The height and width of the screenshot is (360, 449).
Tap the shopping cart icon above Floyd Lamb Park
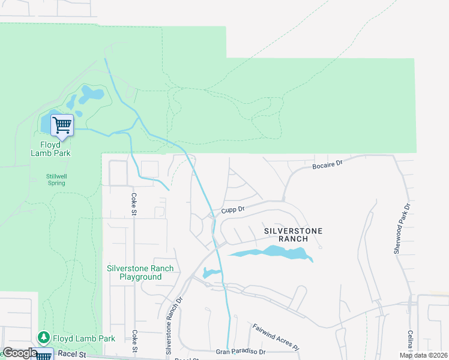coord(61,125)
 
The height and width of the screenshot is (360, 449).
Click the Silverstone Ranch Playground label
coord(140,273)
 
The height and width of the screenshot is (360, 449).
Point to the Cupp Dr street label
coord(233,209)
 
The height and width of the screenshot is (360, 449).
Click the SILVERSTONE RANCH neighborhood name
coord(294,235)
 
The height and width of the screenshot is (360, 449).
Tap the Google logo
coord(20,353)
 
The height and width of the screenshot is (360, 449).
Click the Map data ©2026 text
coord(423,355)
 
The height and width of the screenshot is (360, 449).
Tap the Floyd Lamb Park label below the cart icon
coord(51,149)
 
